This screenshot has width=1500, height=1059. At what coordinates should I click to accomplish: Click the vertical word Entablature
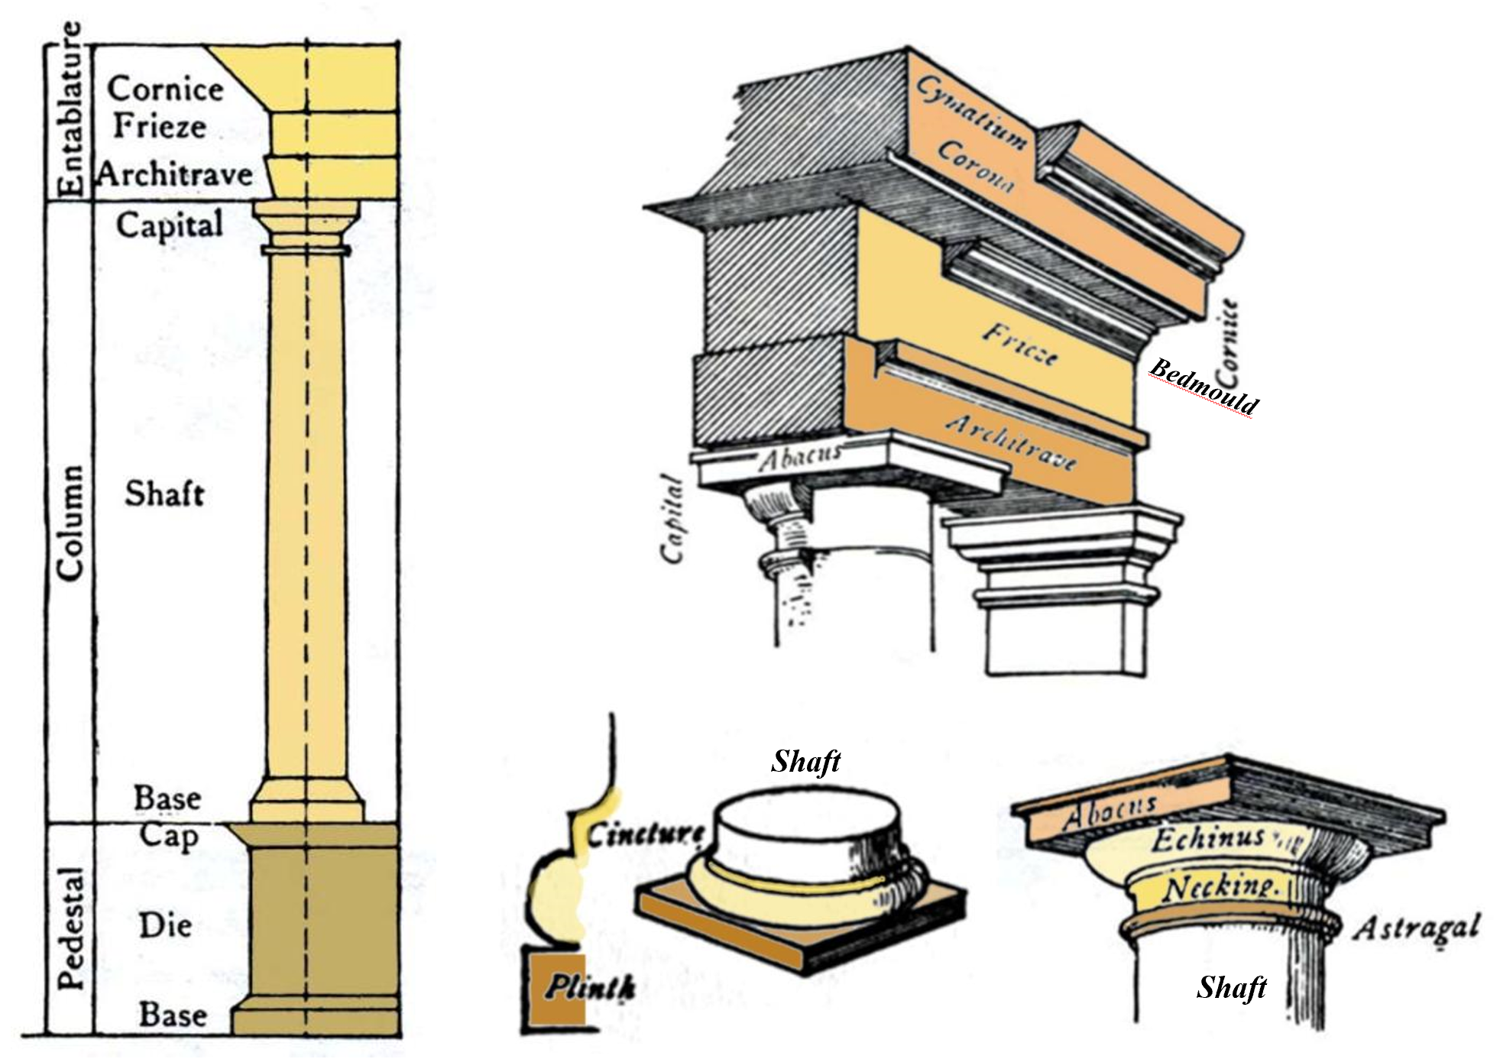pos(70,110)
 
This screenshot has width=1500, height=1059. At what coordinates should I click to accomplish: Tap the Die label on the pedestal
pos(165,926)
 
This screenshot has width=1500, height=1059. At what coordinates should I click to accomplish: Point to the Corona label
pos(975,166)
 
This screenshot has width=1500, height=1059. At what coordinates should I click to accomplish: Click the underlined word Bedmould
pos(1204,387)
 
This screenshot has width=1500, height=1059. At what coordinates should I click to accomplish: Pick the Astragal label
pos(1416,928)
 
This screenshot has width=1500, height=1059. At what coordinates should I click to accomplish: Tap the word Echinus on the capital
pos(1208,839)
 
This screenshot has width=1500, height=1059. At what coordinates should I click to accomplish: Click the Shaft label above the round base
pos(805,761)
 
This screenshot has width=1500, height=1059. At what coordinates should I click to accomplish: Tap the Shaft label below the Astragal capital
pos(1231,987)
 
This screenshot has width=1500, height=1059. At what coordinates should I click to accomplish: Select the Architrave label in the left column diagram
pos(175,175)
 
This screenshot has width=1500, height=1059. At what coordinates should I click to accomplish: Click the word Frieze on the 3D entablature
pos(1020,344)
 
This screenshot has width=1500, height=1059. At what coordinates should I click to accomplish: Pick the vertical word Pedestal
pos(70,928)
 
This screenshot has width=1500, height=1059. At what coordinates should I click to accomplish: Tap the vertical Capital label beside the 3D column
pos(672,520)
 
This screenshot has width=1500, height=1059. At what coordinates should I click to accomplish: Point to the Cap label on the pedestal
pos(168,836)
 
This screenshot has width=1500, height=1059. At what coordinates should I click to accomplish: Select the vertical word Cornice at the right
pos(1226,343)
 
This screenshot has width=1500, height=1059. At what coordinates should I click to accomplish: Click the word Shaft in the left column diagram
pos(164,494)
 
